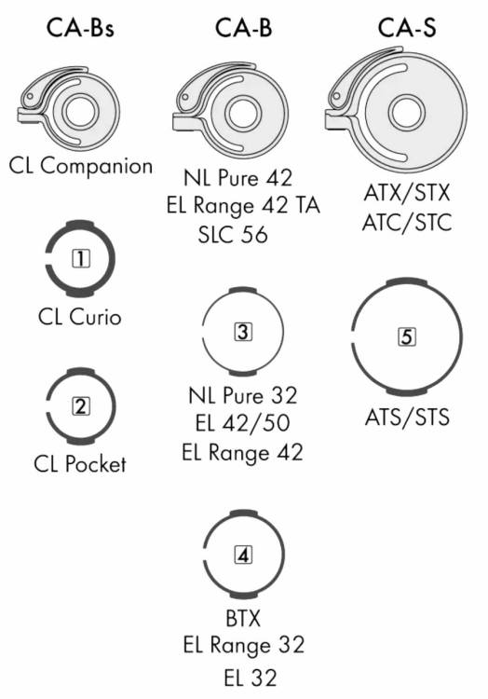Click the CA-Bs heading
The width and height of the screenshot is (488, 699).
80,28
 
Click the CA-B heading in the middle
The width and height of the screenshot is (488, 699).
243,28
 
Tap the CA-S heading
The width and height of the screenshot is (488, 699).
407,28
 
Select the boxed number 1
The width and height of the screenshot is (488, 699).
81,258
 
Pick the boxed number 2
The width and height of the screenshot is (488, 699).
81,406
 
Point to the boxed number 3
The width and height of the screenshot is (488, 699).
243,332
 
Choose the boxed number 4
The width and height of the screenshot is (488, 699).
243,555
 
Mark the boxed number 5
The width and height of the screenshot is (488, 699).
407,336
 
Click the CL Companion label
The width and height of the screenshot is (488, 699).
81,166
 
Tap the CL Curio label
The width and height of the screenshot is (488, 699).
80,318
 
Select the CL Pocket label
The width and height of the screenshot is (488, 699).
80,464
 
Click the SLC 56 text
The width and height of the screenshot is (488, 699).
233,235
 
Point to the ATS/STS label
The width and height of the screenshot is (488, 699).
407,418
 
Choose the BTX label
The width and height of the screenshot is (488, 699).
243,618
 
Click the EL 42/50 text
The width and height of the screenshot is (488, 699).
243,422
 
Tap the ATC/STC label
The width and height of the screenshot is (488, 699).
407,223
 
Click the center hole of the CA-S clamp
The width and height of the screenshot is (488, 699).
407,112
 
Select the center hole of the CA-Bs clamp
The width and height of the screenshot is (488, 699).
81,112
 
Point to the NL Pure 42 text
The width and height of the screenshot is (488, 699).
238,178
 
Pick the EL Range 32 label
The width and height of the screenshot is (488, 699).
244,646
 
